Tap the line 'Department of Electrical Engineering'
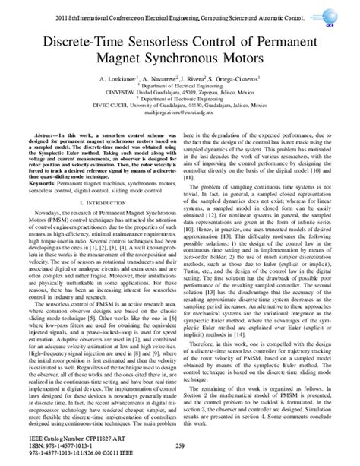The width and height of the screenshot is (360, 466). point(179,87)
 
